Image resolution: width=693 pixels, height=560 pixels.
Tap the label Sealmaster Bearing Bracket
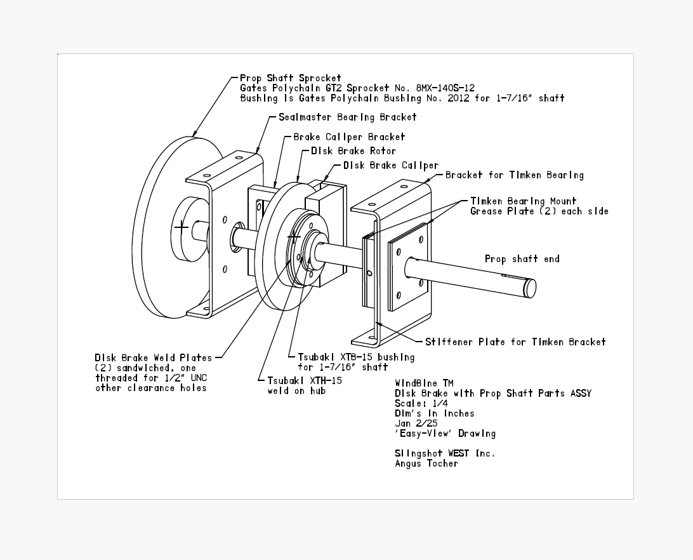point(347,117)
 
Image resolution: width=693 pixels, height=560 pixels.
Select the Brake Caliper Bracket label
point(349,137)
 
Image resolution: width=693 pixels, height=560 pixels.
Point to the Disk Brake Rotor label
point(353,151)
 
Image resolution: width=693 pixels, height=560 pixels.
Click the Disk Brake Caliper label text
point(391,166)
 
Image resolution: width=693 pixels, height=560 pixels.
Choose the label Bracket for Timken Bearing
point(515,175)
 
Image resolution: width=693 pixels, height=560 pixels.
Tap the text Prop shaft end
point(522,259)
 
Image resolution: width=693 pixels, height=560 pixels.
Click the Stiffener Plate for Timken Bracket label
point(515,342)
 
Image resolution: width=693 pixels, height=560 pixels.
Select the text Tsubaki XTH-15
point(305,381)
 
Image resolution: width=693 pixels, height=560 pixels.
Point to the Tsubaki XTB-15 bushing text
point(356,357)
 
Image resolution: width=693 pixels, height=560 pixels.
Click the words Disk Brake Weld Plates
point(154,357)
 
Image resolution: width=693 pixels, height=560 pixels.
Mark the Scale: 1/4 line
point(421,403)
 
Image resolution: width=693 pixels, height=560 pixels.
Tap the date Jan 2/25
point(416,423)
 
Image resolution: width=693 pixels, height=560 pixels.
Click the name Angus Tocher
point(426,463)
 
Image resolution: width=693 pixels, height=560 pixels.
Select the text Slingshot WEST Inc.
point(445,453)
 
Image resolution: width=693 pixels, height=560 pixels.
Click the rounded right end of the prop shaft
point(529,288)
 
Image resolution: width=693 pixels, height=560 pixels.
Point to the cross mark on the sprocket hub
point(181,227)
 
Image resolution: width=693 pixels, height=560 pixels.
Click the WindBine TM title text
point(425,383)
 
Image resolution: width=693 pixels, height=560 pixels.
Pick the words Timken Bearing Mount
point(524,201)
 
